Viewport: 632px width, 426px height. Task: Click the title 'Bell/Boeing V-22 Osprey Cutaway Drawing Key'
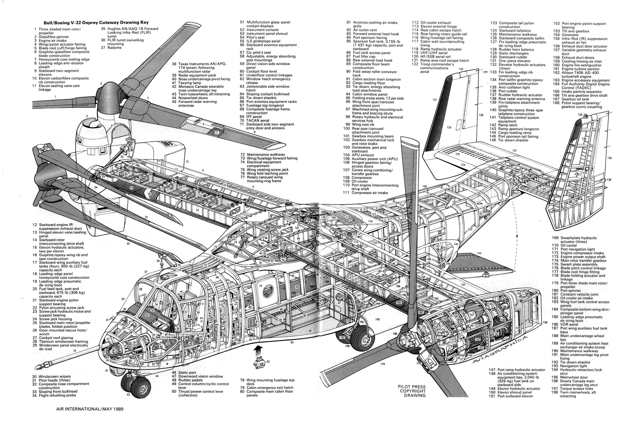click(x=96, y=23)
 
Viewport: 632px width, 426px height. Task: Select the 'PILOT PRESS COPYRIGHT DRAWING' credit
click(x=412, y=391)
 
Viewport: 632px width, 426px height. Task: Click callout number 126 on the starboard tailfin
click(x=449, y=127)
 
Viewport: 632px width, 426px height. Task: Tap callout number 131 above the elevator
click(x=514, y=150)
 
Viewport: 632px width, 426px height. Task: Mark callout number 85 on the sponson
click(x=310, y=331)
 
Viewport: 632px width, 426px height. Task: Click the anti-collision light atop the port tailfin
click(x=586, y=116)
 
